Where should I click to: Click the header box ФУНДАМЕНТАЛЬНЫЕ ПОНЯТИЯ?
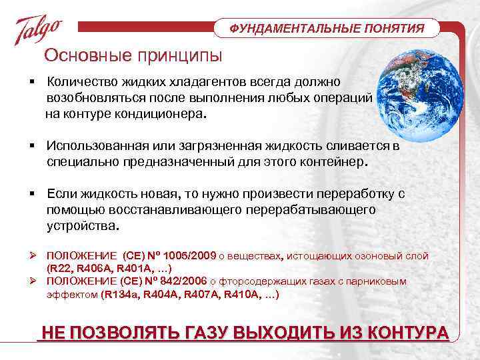327,29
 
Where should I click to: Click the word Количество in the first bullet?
83,81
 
